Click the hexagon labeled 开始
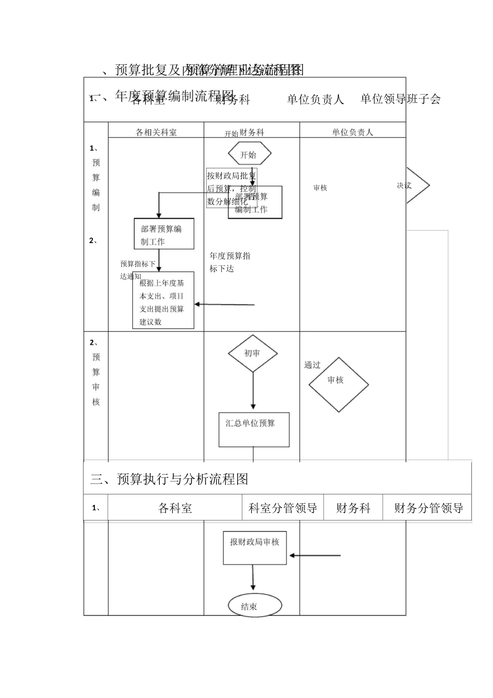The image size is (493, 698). (249, 155)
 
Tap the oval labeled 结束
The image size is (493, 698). (255, 606)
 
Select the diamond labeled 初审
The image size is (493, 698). (253, 354)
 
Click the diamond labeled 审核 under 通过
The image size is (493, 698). (338, 385)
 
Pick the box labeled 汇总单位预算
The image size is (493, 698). (254, 429)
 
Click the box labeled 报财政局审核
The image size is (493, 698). (255, 548)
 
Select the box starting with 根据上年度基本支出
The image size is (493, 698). (163, 301)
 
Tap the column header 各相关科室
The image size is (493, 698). (156, 132)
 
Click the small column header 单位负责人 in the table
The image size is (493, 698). (352, 132)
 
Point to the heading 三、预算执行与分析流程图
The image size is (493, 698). (169, 479)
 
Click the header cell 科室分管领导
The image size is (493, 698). (283, 508)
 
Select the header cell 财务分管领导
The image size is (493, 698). (428, 508)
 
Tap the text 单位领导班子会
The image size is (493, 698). (401, 99)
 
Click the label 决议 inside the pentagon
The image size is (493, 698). (404, 185)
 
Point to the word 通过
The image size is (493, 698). (312, 365)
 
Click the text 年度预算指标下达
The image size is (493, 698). (229, 262)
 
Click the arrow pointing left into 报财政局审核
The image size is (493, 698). (314, 556)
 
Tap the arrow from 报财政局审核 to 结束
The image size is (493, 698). (253, 578)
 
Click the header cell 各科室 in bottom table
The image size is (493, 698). (175, 508)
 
